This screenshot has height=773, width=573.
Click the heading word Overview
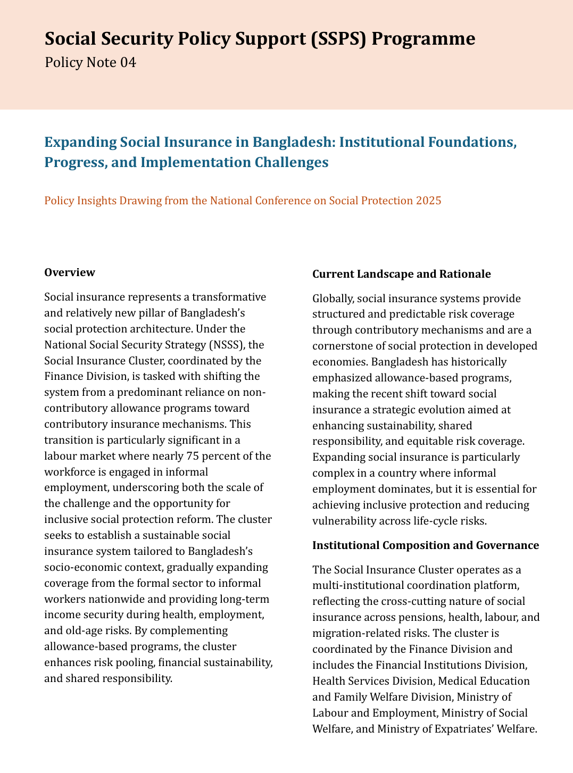click(x=70, y=272)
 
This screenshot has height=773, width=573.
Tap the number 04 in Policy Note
click(x=128, y=63)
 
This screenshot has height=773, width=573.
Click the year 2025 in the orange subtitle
click(x=429, y=201)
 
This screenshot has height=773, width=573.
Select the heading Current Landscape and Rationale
click(x=401, y=274)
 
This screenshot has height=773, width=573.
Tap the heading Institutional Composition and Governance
click(x=426, y=545)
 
